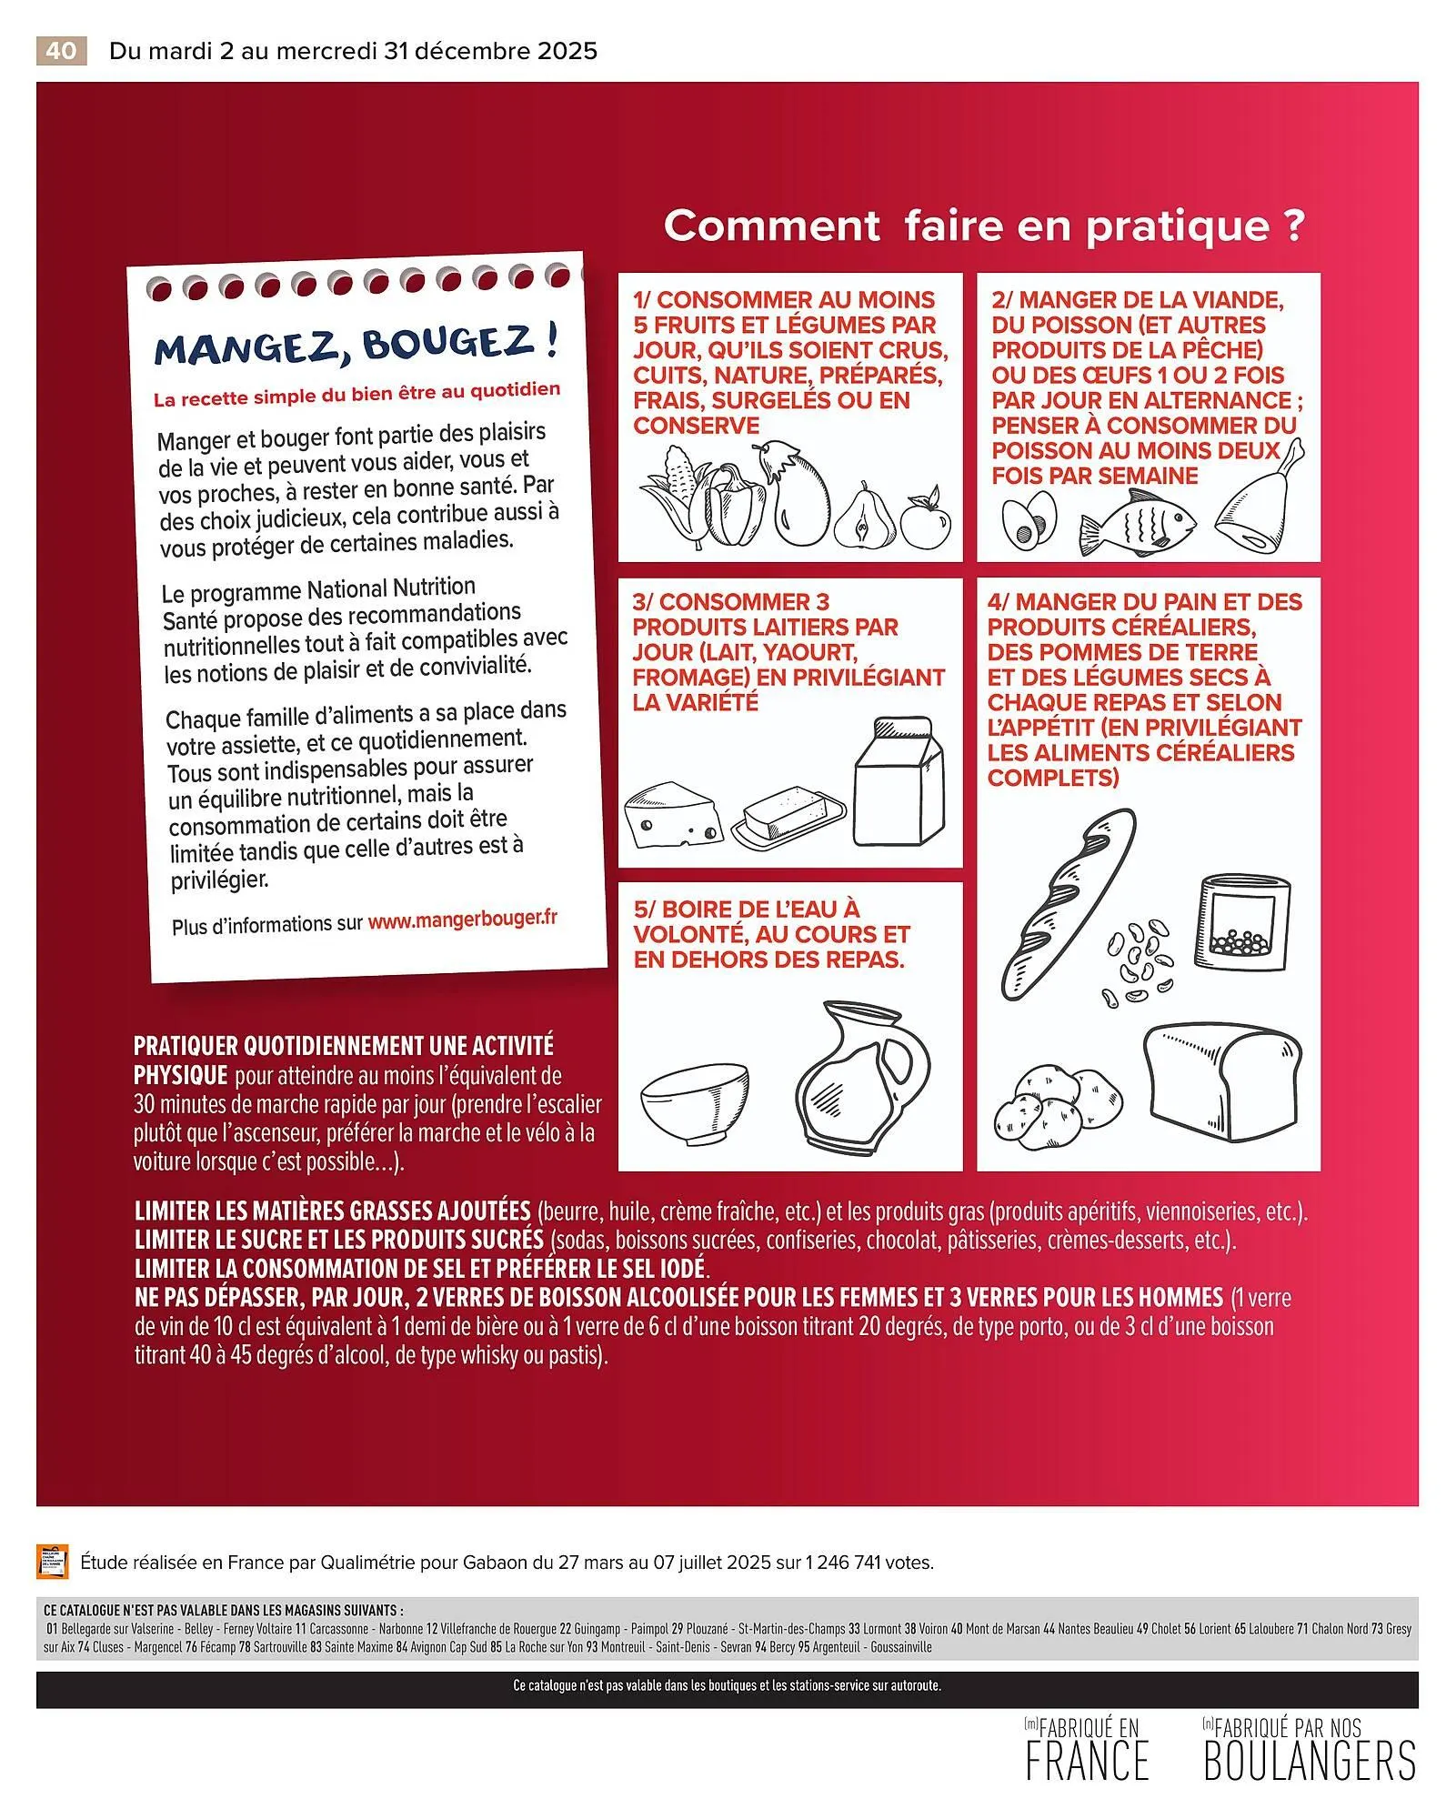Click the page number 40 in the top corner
click(x=61, y=51)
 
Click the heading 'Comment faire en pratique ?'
click(x=984, y=226)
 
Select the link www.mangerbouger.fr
click(x=462, y=920)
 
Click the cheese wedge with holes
click(x=673, y=816)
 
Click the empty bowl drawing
click(x=694, y=1102)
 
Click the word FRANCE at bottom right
click(x=1087, y=1760)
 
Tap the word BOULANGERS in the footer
click(x=1310, y=1760)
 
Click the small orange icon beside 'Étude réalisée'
click(x=52, y=1562)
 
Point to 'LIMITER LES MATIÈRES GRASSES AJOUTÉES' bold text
click(x=332, y=1211)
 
